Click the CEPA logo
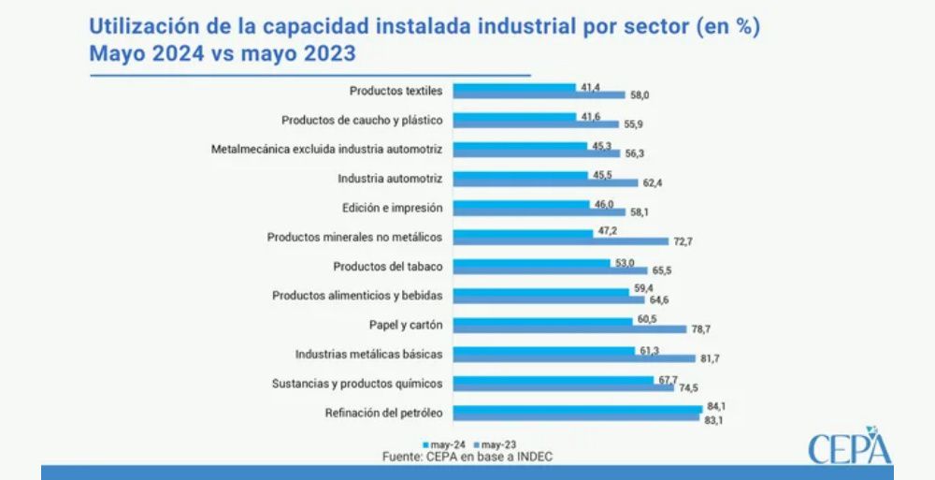point(849,446)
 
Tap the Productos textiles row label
point(396,91)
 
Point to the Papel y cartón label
point(406,325)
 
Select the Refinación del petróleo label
point(383,413)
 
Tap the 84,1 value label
point(713,405)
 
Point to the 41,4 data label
point(589,86)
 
